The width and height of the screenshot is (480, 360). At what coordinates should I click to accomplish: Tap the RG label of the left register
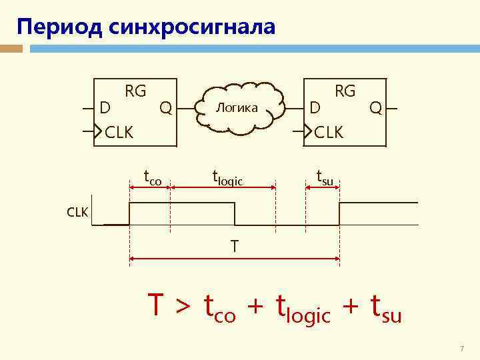pos(135,91)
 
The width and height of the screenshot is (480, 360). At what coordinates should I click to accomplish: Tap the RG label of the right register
pos(345,91)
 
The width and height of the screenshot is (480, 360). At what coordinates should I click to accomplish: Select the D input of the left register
pos(104,107)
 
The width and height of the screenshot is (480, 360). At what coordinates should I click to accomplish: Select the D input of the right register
pos(316,107)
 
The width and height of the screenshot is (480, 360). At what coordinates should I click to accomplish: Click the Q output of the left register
pos(166,107)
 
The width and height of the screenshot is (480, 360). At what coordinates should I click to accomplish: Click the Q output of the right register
pos(376,107)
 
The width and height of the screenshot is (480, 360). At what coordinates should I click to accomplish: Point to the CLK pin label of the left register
pos(119,132)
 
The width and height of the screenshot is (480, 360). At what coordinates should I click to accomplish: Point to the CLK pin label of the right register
pos(329,132)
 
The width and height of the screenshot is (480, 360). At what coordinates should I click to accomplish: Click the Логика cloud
pos(237,108)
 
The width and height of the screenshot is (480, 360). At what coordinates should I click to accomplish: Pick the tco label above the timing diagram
pos(153,178)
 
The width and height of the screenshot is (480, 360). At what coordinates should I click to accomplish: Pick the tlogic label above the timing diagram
pos(227,178)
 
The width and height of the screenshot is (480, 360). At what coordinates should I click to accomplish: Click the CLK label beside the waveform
pos(77,212)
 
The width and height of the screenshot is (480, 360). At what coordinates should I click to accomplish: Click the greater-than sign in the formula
pos(182,307)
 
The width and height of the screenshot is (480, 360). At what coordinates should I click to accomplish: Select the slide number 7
pos(461,349)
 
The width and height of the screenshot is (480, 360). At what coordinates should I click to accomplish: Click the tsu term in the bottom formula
pos(385,308)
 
